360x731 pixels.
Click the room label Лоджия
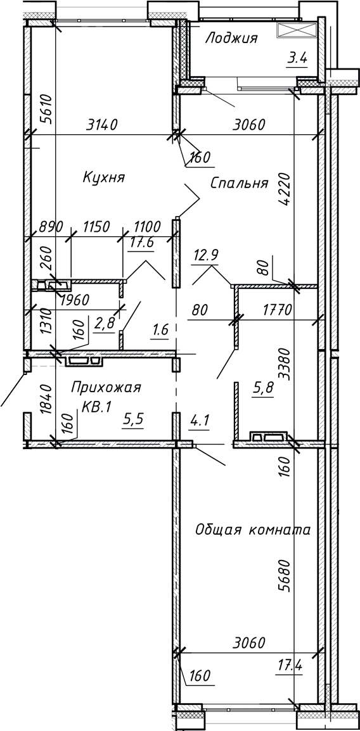[231, 39]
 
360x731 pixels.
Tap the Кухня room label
[103, 177]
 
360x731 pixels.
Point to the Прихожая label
[105, 386]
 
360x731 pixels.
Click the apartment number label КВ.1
[96, 407]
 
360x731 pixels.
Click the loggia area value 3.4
[297, 59]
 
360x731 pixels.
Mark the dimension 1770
[276, 311]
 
